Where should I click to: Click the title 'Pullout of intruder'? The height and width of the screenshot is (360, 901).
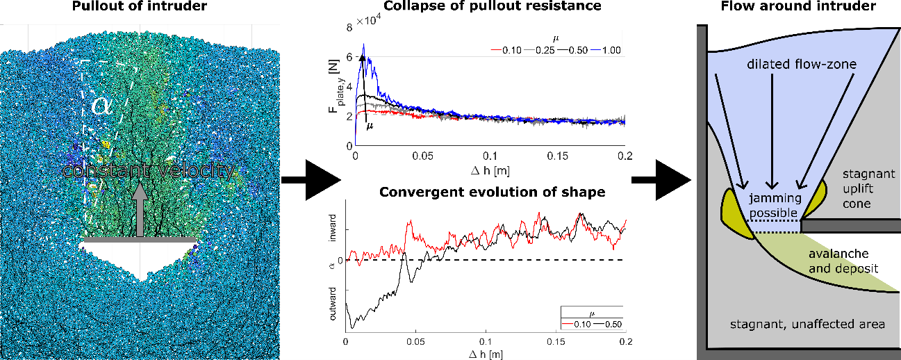click(139, 6)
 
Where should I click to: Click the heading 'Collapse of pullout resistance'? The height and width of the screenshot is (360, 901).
click(493, 6)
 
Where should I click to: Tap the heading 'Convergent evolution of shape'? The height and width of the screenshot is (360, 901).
click(493, 193)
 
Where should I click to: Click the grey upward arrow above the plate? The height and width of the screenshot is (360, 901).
click(140, 209)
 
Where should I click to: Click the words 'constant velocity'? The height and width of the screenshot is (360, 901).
click(149, 170)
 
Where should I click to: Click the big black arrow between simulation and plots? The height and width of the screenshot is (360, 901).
click(311, 180)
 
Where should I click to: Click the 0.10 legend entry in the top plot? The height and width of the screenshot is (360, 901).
click(506, 50)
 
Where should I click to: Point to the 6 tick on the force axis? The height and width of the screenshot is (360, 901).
click(349, 58)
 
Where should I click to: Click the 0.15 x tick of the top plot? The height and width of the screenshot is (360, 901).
click(558, 156)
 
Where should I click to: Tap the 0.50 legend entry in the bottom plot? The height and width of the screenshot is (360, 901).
click(608, 324)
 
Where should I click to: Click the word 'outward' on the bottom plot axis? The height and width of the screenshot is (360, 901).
click(333, 304)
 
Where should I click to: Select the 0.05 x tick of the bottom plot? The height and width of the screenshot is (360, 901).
click(415, 342)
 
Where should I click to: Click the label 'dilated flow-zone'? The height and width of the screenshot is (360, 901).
click(802, 65)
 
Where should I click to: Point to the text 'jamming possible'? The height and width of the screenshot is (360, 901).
click(775, 205)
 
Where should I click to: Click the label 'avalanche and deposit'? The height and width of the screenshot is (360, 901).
click(843, 261)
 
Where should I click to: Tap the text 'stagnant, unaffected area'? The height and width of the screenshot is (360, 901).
click(807, 324)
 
